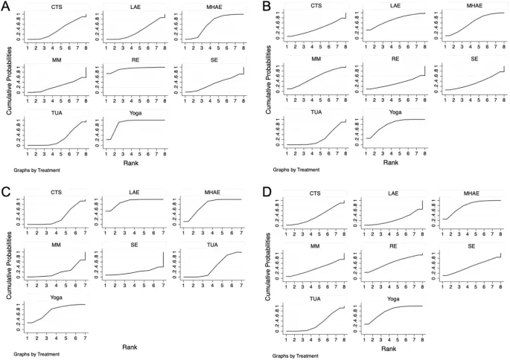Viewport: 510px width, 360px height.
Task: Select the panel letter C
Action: [7, 190]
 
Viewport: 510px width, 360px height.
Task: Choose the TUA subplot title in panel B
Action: [317, 112]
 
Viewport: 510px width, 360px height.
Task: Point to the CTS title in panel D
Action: [317, 193]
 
